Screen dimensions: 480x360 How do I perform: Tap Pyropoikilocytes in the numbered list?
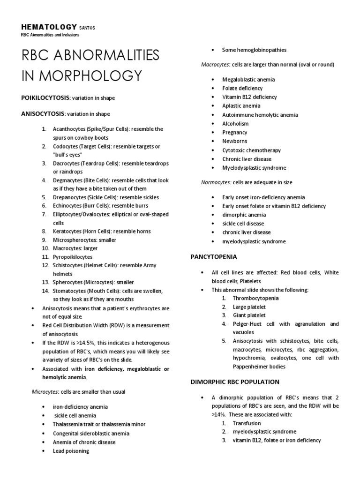(73, 257)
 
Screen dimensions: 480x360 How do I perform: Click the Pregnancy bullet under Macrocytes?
(235, 133)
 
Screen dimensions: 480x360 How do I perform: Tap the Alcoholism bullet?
(235, 124)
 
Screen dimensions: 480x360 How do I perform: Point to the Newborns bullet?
(235, 141)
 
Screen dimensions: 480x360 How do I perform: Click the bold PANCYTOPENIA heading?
(213, 257)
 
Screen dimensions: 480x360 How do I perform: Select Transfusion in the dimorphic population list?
(247, 423)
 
